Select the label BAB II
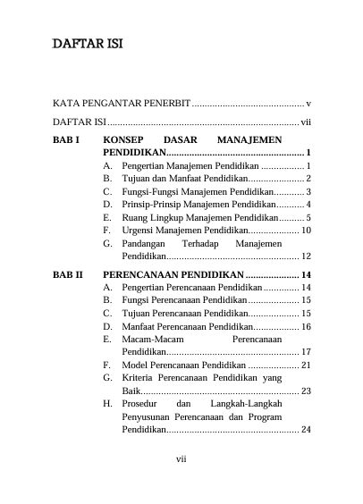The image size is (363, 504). pyautogui.click(x=68, y=274)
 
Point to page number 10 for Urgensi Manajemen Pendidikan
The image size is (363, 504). pyautogui.click(x=305, y=230)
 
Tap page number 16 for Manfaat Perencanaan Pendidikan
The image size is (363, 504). pyautogui.click(x=305, y=326)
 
